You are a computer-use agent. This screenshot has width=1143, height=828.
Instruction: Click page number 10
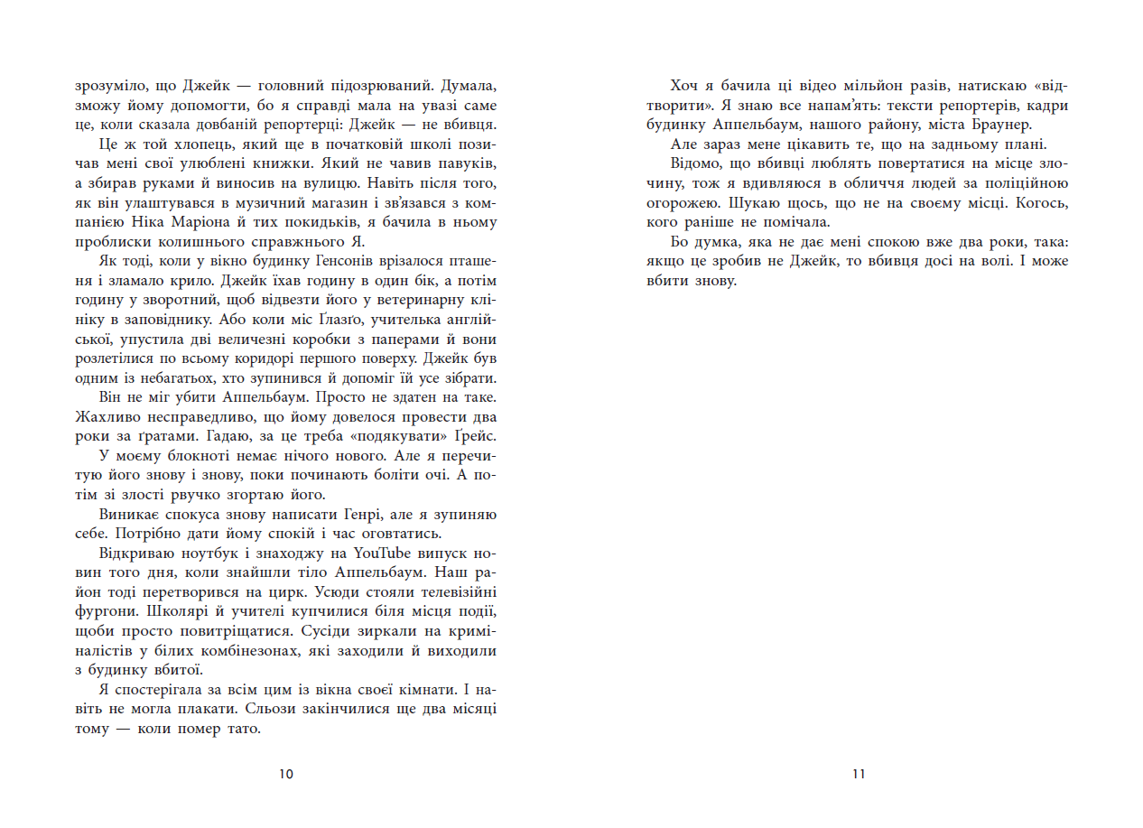[x=287, y=774]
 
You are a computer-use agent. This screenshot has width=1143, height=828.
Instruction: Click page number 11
[x=858, y=774]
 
